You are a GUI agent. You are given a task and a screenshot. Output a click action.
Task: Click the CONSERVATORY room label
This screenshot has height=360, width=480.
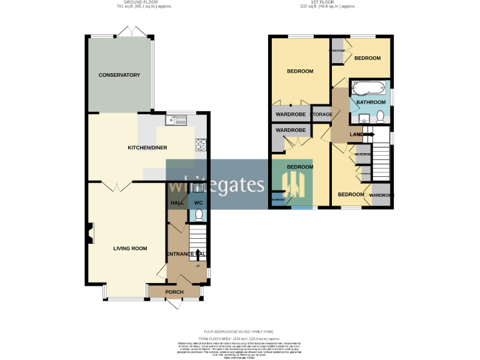pyautogui.click(x=119, y=75)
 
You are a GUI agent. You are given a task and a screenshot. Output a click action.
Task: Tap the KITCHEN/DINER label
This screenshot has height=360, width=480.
pyautogui.click(x=147, y=148)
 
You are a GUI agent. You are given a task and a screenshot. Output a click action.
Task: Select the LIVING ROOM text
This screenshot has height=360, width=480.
pyautogui.click(x=130, y=248)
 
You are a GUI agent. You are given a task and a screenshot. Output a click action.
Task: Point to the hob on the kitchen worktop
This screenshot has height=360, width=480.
pyautogui.click(x=202, y=144)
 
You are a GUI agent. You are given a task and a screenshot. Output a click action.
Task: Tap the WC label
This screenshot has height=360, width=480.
pyautogui.click(x=198, y=203)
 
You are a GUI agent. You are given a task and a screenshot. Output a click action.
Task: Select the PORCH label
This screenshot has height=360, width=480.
pyautogui.click(x=174, y=292)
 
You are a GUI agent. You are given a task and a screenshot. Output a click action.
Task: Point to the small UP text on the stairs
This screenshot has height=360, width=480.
pyautogui.click(x=198, y=266)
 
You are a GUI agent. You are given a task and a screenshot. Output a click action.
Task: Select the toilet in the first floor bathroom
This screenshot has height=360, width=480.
pyautogui.click(x=380, y=116)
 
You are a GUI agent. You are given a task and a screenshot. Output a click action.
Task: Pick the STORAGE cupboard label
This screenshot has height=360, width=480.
pyautogui.click(x=322, y=114)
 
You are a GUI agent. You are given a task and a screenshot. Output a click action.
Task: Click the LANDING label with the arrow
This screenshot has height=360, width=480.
pyautogui.click(x=361, y=134)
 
